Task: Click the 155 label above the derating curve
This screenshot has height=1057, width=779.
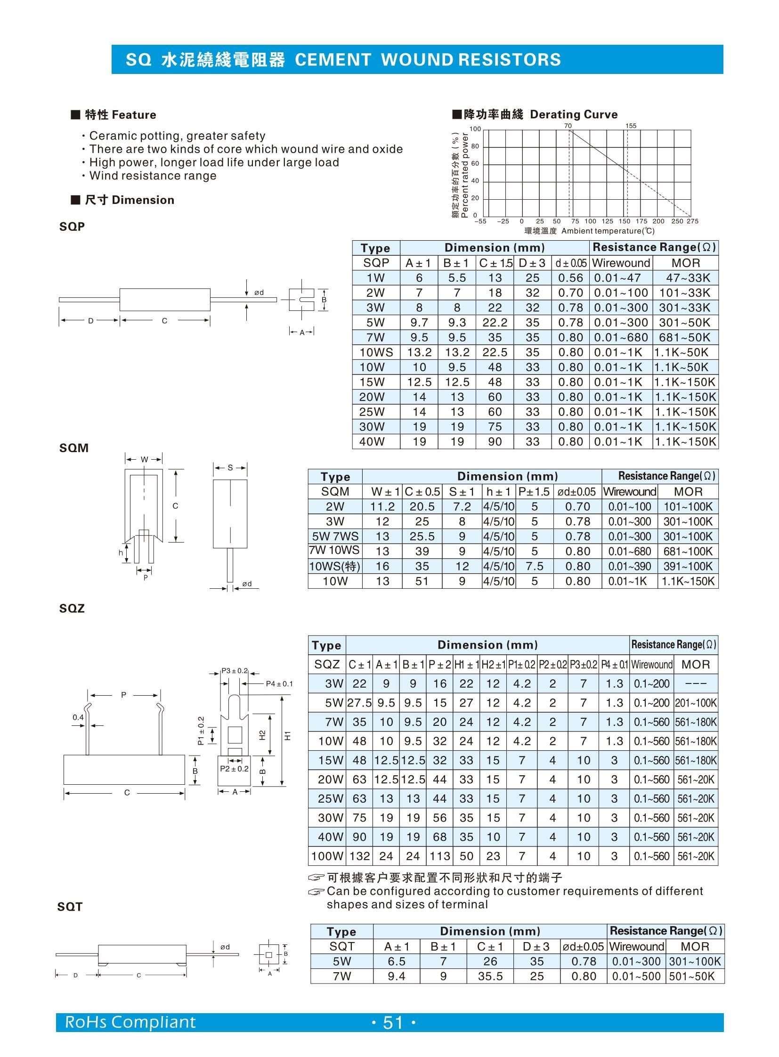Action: point(631,126)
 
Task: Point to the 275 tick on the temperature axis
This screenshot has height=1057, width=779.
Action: point(692,221)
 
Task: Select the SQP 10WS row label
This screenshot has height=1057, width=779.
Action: point(376,352)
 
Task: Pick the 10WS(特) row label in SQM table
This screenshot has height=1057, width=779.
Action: point(335,567)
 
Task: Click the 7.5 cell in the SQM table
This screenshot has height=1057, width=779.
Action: point(534,567)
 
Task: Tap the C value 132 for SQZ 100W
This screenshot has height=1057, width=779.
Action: point(359,856)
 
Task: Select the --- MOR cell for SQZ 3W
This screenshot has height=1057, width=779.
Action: point(696,684)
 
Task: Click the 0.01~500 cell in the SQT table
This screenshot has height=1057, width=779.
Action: point(636,976)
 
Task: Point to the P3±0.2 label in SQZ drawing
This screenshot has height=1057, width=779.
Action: point(235,671)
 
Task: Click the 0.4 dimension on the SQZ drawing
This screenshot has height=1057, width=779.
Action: point(78,717)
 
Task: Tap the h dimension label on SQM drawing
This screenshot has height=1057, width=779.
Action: point(121,553)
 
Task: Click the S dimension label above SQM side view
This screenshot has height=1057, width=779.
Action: point(230,468)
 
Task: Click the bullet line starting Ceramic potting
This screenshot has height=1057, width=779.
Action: point(177,136)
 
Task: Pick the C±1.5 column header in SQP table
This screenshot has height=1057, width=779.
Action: point(495,263)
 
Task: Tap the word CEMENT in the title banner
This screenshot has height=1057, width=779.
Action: point(333,59)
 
